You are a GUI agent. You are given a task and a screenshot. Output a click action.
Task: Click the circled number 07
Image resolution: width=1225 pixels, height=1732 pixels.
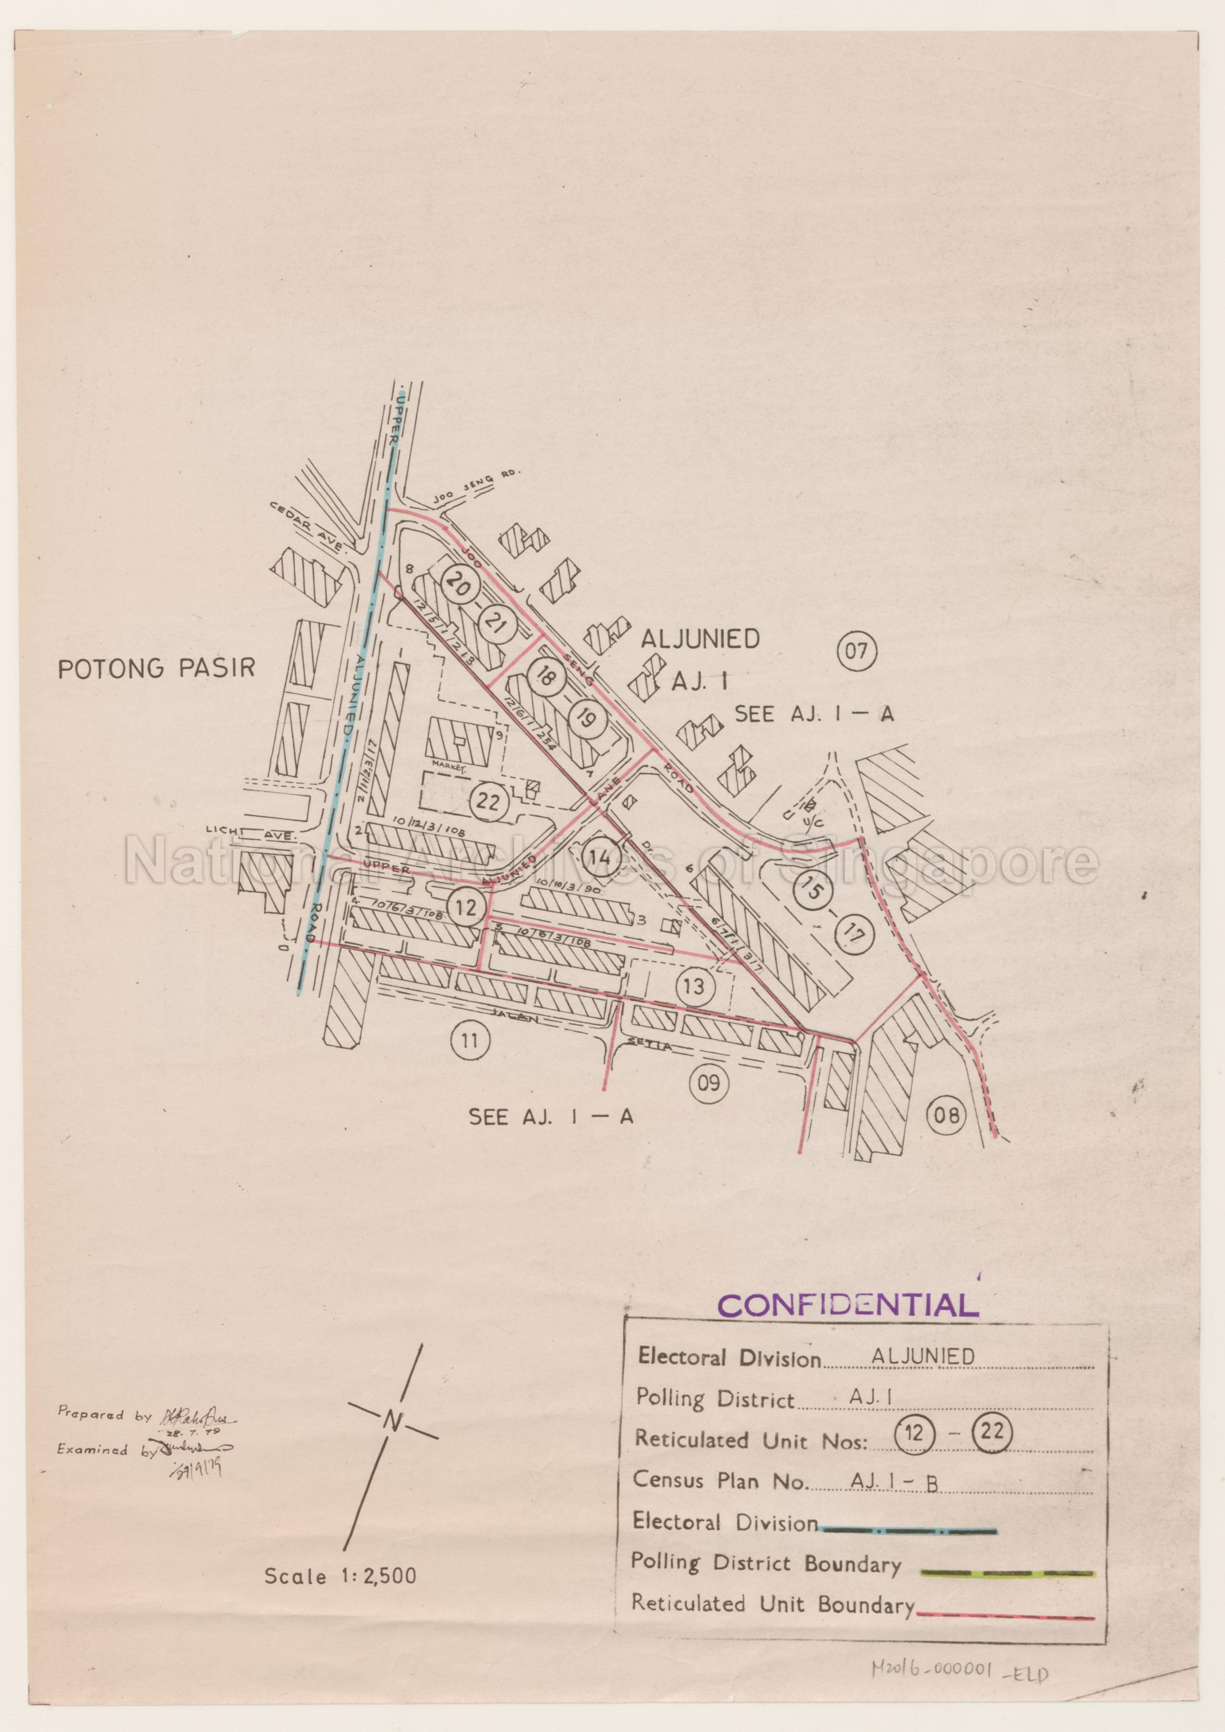coord(858,650)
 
